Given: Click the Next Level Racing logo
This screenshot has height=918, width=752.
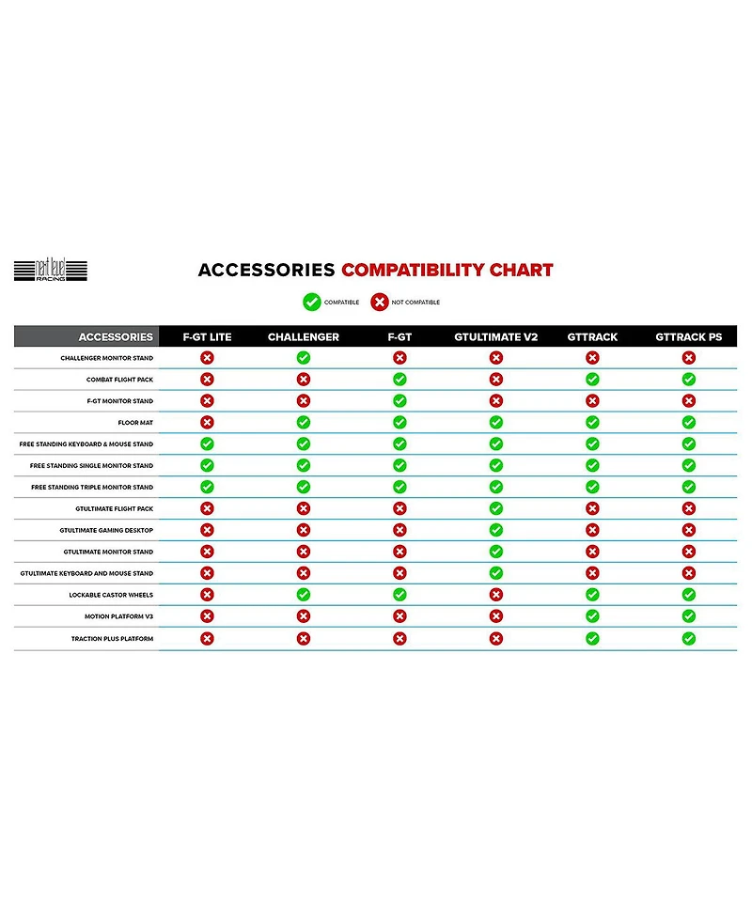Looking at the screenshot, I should (x=51, y=271).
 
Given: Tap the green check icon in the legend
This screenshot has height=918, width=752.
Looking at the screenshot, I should (x=311, y=302).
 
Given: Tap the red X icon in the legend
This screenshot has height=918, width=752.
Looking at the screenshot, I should (x=379, y=302).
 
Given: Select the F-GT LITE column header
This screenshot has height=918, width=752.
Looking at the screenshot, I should (x=207, y=336).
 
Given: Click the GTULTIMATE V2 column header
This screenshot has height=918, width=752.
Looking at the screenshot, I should (x=495, y=336).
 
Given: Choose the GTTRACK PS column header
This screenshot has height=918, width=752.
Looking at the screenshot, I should (x=688, y=336).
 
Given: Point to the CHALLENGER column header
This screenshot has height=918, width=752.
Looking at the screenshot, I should (x=303, y=336).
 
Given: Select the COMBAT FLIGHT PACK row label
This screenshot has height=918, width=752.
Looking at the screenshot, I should (x=119, y=380).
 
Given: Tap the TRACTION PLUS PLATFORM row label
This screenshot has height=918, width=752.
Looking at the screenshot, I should (x=112, y=639).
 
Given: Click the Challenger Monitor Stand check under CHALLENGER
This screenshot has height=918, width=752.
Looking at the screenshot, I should (x=303, y=358).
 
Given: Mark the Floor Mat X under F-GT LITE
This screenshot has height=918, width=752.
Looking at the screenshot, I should (x=207, y=423).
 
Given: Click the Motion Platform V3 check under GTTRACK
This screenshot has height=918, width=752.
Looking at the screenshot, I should (x=592, y=616).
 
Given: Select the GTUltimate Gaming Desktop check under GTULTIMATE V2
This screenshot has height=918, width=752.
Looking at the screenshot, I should (x=495, y=530).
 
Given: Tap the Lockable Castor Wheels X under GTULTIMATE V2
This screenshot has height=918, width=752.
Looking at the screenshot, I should (x=495, y=595).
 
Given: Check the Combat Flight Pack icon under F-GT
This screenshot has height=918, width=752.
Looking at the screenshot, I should (x=399, y=380).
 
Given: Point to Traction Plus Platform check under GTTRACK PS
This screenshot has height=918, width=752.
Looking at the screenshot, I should (x=688, y=638).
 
